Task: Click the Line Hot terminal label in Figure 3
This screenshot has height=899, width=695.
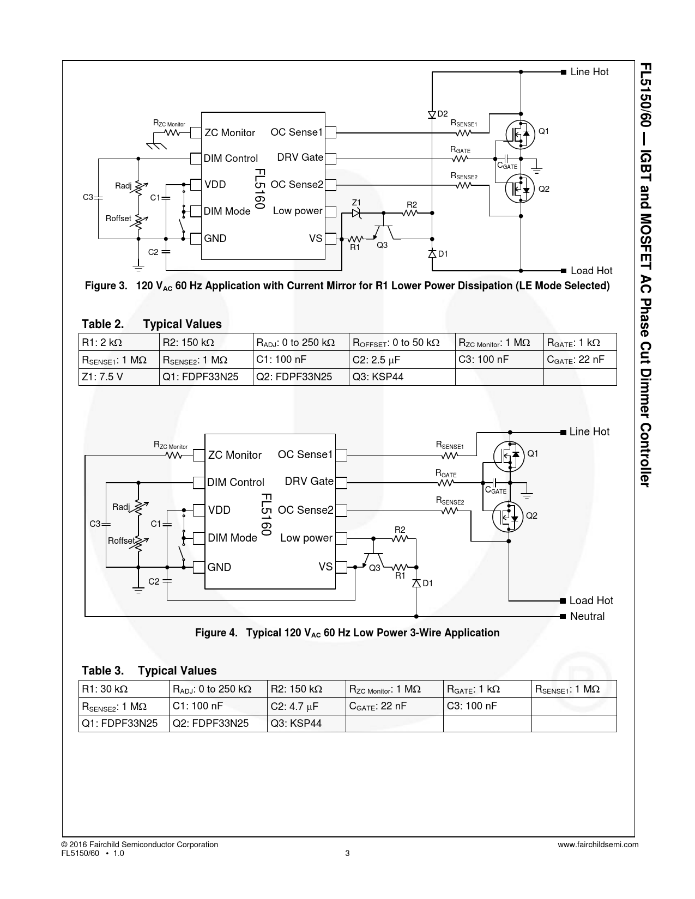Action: click(589, 72)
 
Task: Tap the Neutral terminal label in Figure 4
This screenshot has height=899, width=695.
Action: click(587, 616)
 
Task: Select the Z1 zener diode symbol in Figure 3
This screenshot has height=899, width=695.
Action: click(356, 213)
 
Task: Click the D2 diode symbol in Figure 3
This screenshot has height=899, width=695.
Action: click(432, 114)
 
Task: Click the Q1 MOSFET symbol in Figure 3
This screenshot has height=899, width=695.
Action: click(519, 133)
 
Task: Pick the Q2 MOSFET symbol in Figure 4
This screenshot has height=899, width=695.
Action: click(509, 516)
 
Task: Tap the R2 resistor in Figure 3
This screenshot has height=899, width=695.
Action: click(410, 213)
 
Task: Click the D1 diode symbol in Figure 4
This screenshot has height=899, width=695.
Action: click(416, 583)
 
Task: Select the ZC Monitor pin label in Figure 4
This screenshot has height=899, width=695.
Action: click(235, 455)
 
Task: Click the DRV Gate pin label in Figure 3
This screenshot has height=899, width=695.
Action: click(300, 157)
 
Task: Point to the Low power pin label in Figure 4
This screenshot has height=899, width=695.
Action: click(306, 538)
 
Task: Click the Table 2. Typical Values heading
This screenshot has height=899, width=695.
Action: click(152, 324)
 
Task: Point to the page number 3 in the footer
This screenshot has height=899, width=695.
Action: click(347, 853)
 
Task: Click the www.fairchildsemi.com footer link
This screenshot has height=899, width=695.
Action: click(598, 845)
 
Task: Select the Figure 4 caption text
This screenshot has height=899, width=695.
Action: click(347, 633)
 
